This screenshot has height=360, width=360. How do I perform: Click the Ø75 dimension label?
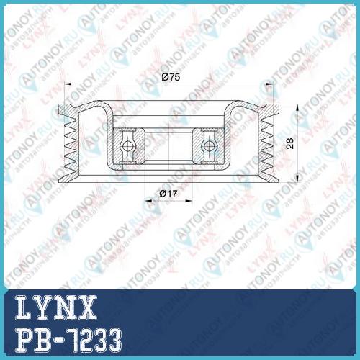point(171,77)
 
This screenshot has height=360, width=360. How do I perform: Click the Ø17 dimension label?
point(168,194)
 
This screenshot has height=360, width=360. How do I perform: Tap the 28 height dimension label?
point(290,143)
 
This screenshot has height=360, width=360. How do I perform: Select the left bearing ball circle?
point(127,145)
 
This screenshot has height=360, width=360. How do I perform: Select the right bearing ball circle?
point(209,145)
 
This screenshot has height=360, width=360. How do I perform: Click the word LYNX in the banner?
point(55,307)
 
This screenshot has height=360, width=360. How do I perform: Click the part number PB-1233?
point(68,340)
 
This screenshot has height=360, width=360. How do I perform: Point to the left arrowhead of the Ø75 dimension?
point(68,84)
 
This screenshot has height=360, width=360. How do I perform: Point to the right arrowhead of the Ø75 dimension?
point(270,84)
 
